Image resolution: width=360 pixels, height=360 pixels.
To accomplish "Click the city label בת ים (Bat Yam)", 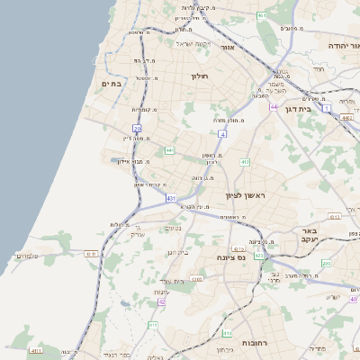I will point(112,84).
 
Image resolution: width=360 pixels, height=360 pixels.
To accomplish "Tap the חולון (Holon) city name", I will point(199,76).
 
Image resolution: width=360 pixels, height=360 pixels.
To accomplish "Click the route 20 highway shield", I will point(138,129).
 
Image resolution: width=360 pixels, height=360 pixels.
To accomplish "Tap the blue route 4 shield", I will point(220,133).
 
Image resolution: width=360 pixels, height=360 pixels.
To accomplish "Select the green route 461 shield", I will point(262,16).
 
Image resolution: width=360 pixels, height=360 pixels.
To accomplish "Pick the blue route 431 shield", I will point(171,197).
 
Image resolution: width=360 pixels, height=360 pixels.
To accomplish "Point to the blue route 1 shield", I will point(328,107).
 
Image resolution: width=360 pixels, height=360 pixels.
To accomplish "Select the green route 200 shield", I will point(327,263).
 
